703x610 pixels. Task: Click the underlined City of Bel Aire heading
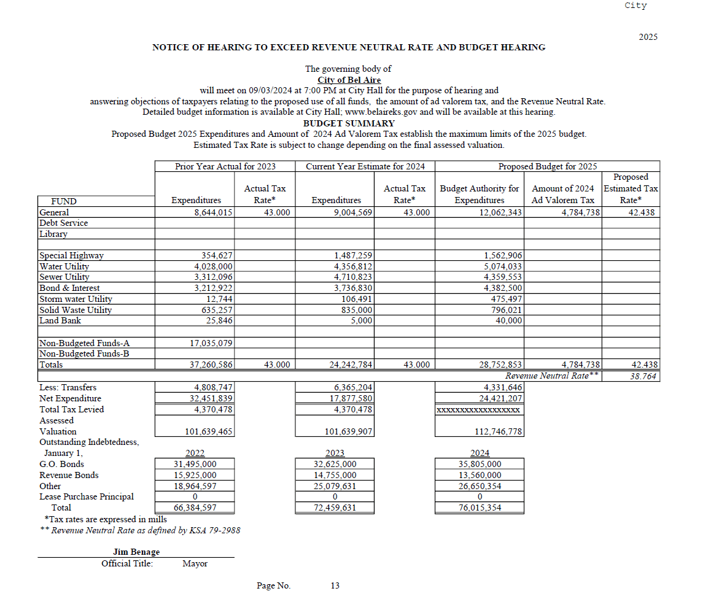349,80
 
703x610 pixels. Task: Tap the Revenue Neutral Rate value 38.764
643,376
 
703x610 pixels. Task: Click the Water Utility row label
64,266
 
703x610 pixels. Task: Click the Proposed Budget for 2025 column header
547,166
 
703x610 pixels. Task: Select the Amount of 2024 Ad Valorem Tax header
562,194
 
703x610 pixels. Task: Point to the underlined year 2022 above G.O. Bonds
195,454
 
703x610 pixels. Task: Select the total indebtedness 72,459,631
335,508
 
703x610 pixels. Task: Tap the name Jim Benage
136,552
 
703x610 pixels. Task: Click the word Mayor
195,563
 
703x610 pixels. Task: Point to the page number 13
335,585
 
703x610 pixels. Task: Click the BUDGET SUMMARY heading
349,123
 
